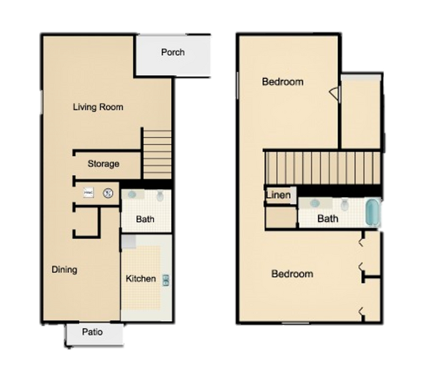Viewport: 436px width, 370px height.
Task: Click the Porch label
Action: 172,52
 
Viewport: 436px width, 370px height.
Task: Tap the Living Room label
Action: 98,107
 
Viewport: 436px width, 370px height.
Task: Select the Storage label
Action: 103,164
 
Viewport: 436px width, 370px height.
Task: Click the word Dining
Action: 64,270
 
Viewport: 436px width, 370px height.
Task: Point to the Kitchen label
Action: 141,279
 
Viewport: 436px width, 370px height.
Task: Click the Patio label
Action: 93,332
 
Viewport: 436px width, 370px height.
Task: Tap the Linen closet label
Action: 278,196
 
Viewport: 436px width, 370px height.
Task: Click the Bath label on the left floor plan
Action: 146,219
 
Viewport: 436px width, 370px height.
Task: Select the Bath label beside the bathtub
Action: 327,219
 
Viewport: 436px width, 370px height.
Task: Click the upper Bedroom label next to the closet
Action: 282,82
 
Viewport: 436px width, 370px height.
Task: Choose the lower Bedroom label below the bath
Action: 292,274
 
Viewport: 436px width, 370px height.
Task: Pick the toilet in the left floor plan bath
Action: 160,197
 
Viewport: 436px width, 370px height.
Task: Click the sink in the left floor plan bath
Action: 132,196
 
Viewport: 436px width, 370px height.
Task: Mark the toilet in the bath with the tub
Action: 345,204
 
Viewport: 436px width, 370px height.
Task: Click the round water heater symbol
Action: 107,194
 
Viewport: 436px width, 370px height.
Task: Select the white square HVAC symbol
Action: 87,193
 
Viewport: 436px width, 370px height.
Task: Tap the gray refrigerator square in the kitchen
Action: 129,241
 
